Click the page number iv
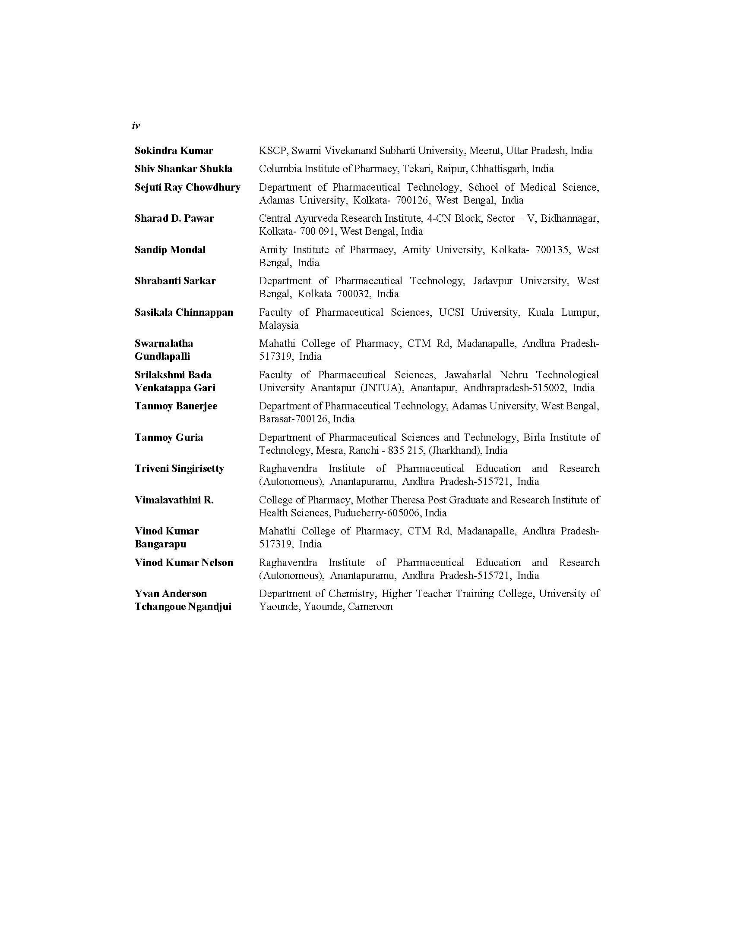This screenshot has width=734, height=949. [136, 126]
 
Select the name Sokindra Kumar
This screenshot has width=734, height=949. [174, 151]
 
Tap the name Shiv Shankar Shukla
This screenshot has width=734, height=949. [183, 169]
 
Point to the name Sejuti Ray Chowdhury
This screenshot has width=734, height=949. [187, 187]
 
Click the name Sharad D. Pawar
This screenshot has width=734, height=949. [174, 218]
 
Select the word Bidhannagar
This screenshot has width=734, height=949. [569, 218]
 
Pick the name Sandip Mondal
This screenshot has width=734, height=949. [170, 250]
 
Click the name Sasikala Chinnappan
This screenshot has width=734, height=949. [183, 312]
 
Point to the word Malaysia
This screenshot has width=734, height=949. [278, 325]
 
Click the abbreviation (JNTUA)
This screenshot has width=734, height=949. [381, 388]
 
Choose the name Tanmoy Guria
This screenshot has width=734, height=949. [169, 437]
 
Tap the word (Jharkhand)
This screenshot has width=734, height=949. [455, 451]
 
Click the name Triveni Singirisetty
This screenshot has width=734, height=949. [179, 468]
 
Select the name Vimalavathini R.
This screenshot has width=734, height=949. [174, 500]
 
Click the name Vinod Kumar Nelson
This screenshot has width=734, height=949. [183, 562]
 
